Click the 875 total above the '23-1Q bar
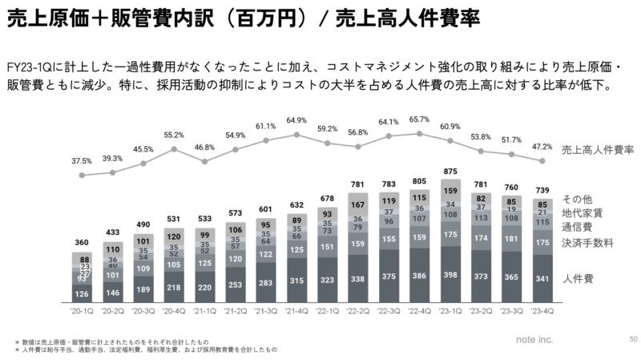(450, 172)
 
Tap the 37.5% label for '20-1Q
(81, 161)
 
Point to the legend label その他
(575, 199)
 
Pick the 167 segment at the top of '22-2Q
(358, 204)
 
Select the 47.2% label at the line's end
(542, 147)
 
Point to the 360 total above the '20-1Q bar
(82, 242)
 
